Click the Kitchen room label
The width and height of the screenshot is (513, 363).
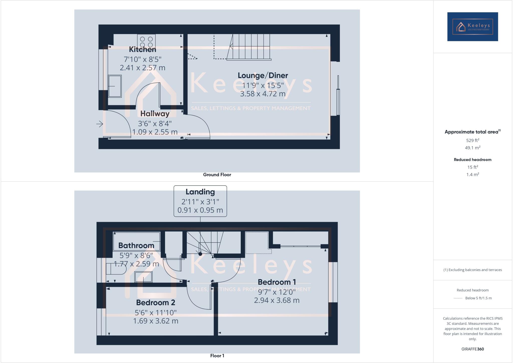click(x=143, y=49)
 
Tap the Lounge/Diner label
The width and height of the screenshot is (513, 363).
click(x=263, y=75)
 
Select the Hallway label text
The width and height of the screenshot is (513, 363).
click(x=155, y=114)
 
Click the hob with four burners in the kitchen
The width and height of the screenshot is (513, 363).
click(x=146, y=41)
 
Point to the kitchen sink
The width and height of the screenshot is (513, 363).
click(x=115, y=86)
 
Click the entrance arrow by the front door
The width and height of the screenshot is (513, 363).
click(x=99, y=124)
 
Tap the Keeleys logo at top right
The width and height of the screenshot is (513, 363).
click(x=472, y=27)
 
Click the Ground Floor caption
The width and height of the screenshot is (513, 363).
click(x=217, y=175)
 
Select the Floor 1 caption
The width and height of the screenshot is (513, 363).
click(x=217, y=356)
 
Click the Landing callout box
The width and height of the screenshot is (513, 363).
click(x=200, y=201)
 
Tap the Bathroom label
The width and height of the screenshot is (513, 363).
click(x=136, y=246)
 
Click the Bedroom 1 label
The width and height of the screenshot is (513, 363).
click(x=277, y=282)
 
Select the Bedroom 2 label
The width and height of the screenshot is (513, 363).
click(x=156, y=303)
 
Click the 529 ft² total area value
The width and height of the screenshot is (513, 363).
click(x=472, y=140)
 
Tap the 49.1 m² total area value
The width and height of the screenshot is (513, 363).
click(x=472, y=148)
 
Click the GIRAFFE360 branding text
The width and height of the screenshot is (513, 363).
click(x=472, y=349)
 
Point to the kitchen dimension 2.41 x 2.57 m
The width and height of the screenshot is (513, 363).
click(x=143, y=68)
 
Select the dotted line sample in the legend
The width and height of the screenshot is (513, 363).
click(x=458, y=298)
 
